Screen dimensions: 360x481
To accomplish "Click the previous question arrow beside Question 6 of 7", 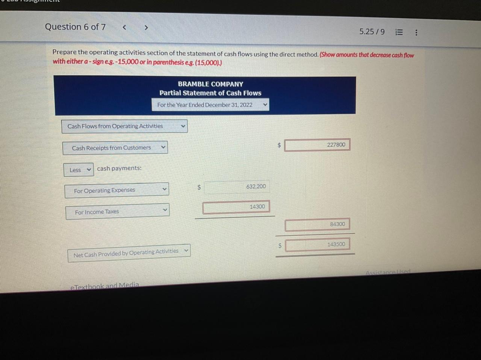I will [x=124, y=27].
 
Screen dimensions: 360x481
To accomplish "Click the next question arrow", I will [x=146, y=27].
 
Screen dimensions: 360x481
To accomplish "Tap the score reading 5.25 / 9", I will [x=372, y=32].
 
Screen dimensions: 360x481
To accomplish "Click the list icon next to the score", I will [x=399, y=32].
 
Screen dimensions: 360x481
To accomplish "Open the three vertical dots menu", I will [x=416, y=33].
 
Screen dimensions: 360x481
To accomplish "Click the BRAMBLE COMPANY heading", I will [x=210, y=84].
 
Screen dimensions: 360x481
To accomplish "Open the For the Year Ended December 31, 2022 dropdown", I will [x=210, y=105].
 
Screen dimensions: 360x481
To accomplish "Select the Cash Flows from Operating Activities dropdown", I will [x=124, y=126].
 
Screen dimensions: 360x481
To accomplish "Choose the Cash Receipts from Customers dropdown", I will [x=115, y=148].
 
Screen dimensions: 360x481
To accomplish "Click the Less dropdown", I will [x=79, y=170].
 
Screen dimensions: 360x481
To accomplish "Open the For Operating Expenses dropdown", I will [x=116, y=190].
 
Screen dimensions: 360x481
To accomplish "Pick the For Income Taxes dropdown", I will [x=117, y=212].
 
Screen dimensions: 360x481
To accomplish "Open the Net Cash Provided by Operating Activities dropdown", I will [x=129, y=253].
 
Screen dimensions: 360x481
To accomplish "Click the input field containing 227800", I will [x=317, y=145].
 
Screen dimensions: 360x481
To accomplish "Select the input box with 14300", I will [x=236, y=207].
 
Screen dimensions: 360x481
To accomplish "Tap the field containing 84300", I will [x=317, y=225].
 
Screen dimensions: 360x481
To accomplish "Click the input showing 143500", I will [x=317, y=245].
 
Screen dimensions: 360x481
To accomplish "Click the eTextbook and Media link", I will [x=104, y=286].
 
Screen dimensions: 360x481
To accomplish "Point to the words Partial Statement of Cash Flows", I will [x=210, y=93].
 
